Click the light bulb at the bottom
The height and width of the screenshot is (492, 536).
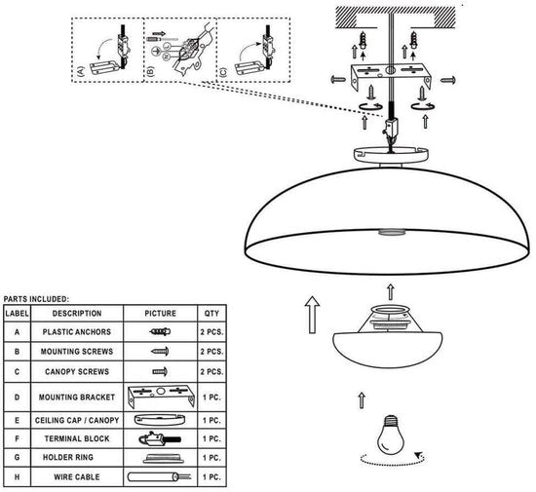coord(390,435)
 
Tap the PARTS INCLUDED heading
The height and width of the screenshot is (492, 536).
coord(36,299)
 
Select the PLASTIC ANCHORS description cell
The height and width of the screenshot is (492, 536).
coord(77,332)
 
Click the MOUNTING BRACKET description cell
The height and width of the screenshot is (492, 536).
coord(77,397)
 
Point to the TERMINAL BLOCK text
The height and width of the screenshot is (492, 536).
coord(77,438)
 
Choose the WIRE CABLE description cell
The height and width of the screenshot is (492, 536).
coord(77,477)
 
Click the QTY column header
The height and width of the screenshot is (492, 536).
coord(211,314)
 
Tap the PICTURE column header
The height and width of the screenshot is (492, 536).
coord(161,314)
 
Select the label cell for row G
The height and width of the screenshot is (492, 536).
coord(18,457)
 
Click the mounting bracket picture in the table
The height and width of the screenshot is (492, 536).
coord(161,397)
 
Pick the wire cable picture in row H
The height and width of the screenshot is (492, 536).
coord(159,476)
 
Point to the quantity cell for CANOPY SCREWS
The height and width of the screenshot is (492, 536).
coord(211,372)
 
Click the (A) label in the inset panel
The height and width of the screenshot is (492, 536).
coord(81,71)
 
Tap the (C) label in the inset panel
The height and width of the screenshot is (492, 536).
coord(223,72)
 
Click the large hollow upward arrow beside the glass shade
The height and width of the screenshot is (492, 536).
coord(312,315)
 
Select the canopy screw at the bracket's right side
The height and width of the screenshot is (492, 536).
coord(448,80)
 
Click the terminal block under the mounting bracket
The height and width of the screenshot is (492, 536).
coord(390,128)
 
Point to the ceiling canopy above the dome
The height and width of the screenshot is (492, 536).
coord(391,155)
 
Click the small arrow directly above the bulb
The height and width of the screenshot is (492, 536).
coord(362,400)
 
